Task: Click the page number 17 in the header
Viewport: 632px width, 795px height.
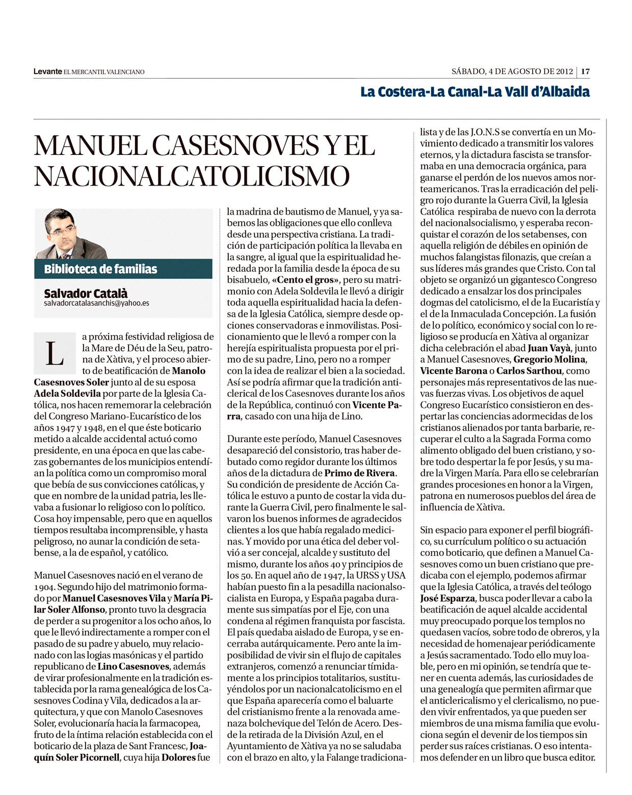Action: (585, 72)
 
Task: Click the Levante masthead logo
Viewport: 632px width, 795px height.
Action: (47, 72)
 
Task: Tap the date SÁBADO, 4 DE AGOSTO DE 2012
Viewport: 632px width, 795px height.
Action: (512, 72)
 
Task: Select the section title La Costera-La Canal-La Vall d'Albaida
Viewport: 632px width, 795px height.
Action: (475, 92)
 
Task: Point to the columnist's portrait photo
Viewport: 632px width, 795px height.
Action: (71, 234)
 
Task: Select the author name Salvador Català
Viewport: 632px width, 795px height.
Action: (86, 293)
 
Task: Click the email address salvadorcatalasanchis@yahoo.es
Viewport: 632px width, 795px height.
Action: (96, 303)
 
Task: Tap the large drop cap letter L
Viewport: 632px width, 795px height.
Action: (54, 353)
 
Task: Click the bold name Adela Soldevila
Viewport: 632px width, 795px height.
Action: (68, 394)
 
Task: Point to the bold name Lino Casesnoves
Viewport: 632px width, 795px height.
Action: (134, 666)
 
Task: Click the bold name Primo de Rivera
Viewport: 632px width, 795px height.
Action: (360, 473)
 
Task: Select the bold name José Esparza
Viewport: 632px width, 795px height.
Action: (447, 599)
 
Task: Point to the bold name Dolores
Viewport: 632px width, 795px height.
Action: (178, 757)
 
